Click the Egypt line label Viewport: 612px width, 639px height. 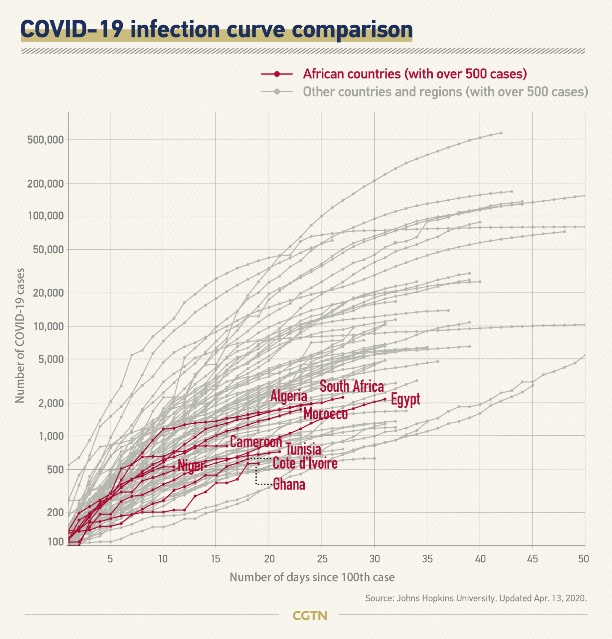click(405, 399)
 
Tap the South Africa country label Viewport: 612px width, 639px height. click(352, 386)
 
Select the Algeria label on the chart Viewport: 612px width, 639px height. click(288, 396)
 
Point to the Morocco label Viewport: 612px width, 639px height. click(325, 414)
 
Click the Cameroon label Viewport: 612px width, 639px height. click(256, 442)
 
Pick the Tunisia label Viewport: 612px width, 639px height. click(303, 449)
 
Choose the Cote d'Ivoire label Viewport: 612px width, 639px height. click(305, 463)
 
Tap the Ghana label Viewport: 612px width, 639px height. click(289, 484)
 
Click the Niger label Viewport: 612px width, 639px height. click(191, 465)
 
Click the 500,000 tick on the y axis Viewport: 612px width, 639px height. click(46, 139)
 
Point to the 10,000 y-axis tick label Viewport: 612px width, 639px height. click(49, 326)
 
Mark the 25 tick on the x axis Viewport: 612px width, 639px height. click(322, 558)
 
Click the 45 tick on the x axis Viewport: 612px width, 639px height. click(532, 558)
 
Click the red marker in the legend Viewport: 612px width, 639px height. click(277, 74)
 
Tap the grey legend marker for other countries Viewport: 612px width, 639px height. click(277, 92)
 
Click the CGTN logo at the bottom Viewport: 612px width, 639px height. click(310, 615)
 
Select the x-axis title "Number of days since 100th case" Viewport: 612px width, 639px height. click(312, 577)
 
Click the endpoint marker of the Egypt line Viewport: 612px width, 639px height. click(385, 399)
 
